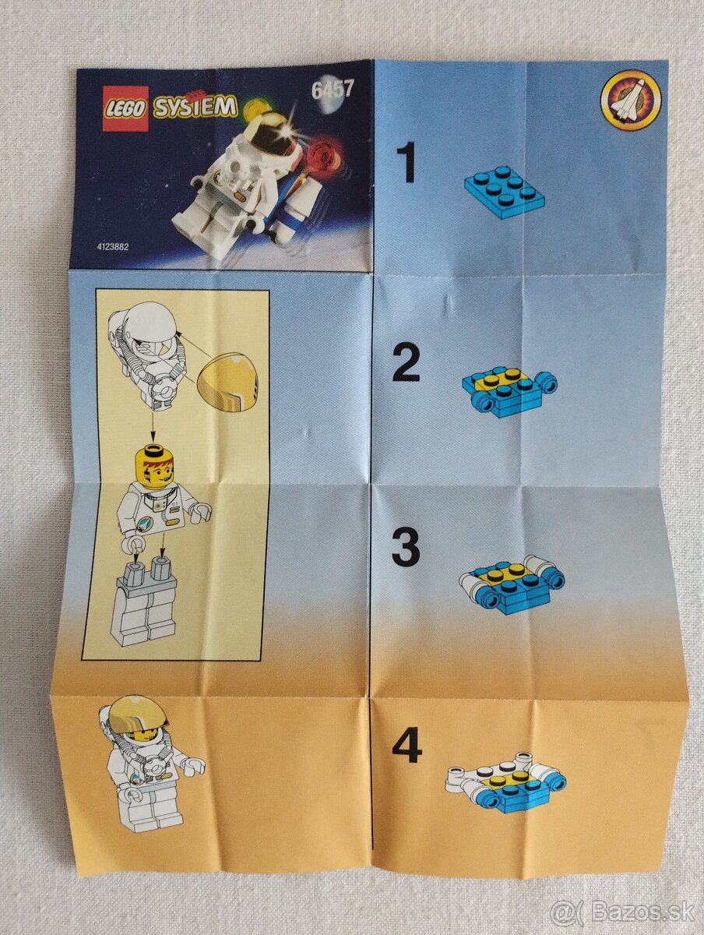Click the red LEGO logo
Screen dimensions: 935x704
click(125, 108)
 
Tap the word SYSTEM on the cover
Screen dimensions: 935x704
click(194, 108)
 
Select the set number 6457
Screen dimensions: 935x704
click(332, 89)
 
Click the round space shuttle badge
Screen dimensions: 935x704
click(629, 100)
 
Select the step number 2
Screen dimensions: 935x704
click(407, 363)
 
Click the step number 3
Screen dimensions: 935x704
click(406, 548)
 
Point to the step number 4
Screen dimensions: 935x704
click(407, 746)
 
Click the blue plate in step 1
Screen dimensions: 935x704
click(505, 190)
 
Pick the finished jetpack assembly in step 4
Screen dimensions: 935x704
click(505, 782)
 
